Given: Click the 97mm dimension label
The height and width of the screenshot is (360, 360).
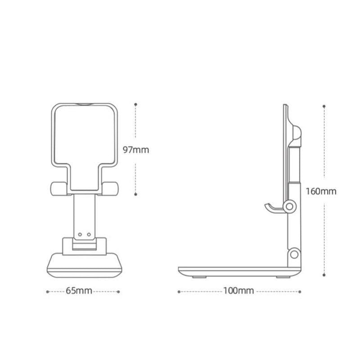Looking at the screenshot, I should (136, 150).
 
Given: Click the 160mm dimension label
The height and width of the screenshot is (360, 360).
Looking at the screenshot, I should (321, 191).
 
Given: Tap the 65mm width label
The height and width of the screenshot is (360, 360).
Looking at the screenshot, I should (79, 291).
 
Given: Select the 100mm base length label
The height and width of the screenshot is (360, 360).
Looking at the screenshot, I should (238, 291).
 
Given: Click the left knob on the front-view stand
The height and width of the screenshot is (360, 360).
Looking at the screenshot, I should (58, 189).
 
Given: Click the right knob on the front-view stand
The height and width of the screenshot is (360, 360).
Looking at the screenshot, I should (111, 189).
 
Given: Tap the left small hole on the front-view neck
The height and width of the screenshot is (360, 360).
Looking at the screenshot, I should (80, 234).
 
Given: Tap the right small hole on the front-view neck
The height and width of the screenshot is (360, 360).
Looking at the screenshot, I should (89, 234).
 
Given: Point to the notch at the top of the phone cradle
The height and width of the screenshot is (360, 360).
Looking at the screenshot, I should (84, 105).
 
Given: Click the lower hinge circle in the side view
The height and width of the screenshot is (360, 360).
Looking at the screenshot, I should (295, 254).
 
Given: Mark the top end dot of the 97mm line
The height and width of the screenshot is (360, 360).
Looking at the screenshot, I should (135, 104).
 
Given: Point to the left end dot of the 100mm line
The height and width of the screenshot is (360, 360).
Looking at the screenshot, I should (179, 292).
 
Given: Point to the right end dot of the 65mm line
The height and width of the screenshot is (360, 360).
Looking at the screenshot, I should (119, 292).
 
